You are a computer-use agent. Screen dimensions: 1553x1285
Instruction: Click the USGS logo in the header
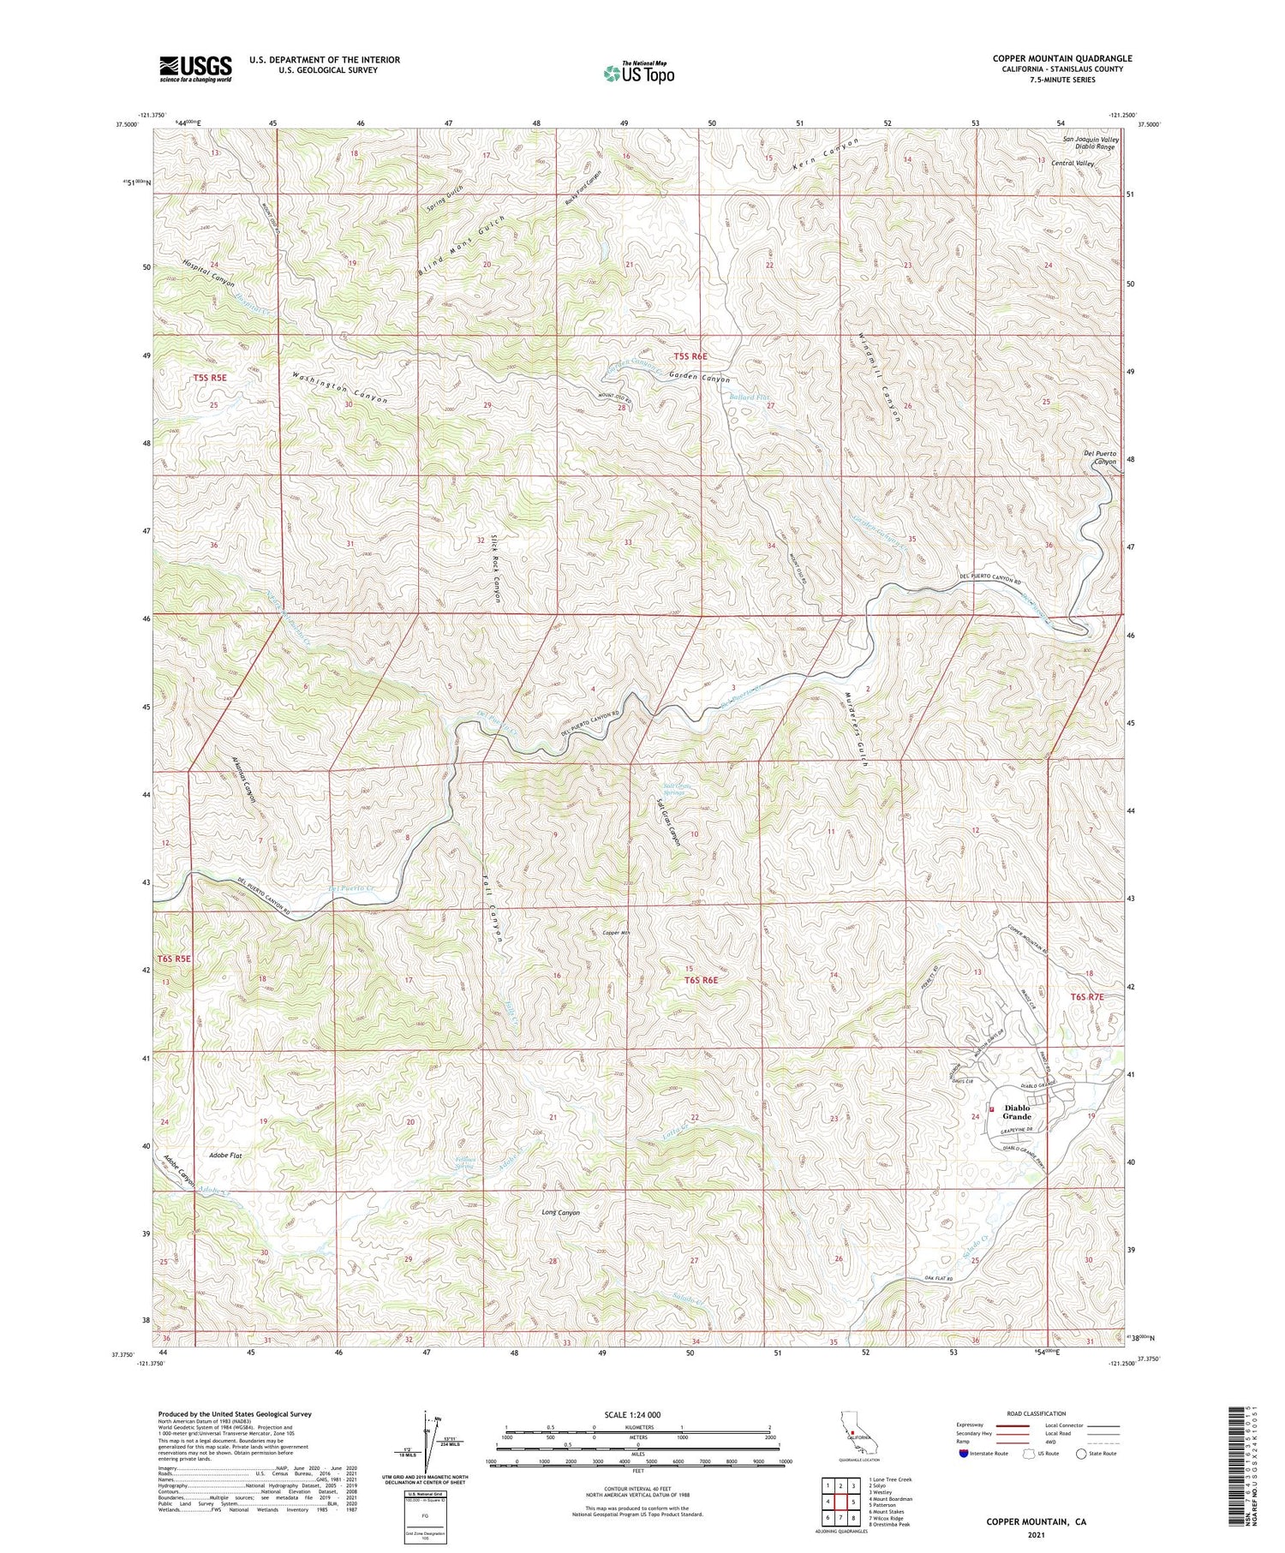(x=195, y=69)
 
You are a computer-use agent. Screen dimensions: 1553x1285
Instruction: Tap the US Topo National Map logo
(x=638, y=74)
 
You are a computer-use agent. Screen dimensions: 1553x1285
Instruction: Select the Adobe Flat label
(x=225, y=1156)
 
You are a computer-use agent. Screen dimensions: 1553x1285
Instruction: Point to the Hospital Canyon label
(x=207, y=272)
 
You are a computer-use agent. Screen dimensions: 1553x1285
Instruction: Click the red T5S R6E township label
(x=690, y=355)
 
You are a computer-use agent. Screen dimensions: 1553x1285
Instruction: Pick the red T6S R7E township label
(x=1087, y=997)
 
